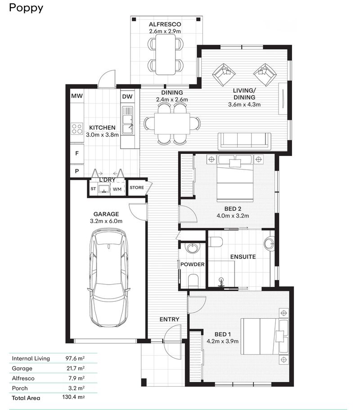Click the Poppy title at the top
[x=26, y=8]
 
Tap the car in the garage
[x=109, y=279]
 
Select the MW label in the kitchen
[x=76, y=96]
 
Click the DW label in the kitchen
[x=127, y=96]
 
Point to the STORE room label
[x=137, y=188]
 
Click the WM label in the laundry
[x=117, y=189]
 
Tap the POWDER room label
[x=193, y=264]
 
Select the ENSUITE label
[x=243, y=257]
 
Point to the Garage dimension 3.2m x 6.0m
[x=106, y=221]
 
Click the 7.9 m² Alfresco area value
[x=76, y=378]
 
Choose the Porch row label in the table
[x=20, y=388]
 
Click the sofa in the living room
[x=244, y=141]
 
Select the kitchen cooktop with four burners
[x=77, y=129]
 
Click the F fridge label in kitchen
[x=77, y=154]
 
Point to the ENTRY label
[x=170, y=320]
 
